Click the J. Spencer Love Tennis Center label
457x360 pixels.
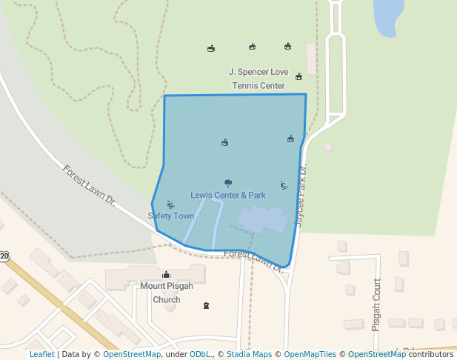(257, 79)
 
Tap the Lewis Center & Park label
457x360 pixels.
(228, 196)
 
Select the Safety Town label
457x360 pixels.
(171, 216)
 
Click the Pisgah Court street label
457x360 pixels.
(377, 298)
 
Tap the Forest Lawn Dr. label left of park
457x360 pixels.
(90, 184)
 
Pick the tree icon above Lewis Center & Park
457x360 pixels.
(228, 183)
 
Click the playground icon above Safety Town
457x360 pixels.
(171, 204)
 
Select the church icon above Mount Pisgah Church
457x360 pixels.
(166, 274)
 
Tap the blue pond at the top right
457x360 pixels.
(388, 16)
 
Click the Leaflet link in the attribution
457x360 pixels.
(42, 354)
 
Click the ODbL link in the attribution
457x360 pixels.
(200, 354)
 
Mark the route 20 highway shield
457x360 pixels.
(4, 256)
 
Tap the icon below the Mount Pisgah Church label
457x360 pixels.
(207, 305)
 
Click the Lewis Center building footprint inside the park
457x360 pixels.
(263, 220)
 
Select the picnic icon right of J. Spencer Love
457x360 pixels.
(299, 76)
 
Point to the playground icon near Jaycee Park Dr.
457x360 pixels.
(284, 185)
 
